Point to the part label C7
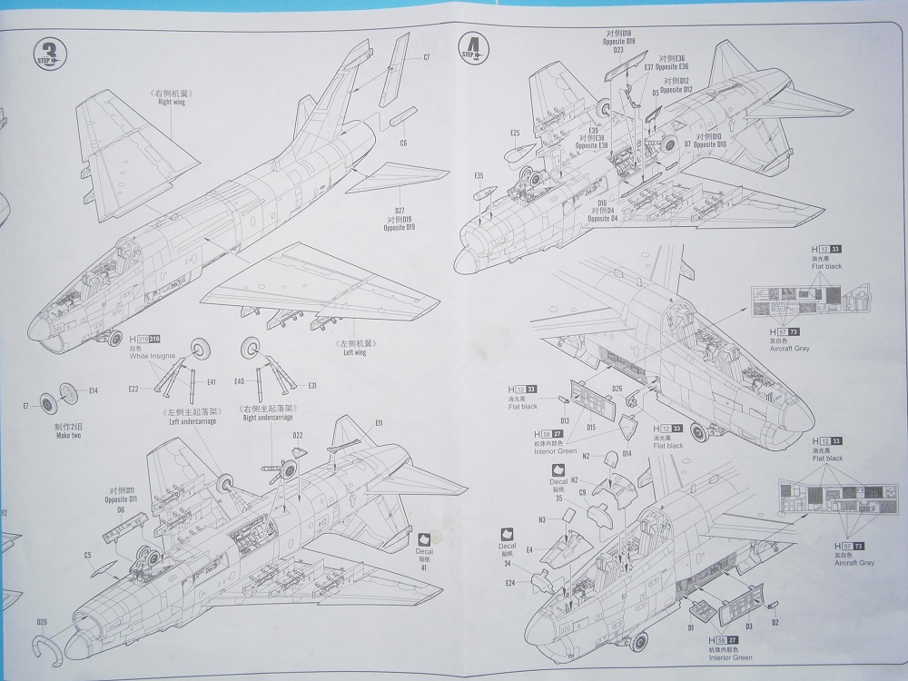click(426, 58)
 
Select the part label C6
click(403, 143)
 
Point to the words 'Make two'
click(63, 436)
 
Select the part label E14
click(94, 390)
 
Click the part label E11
click(378, 423)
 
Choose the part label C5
click(88, 555)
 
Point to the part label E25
click(514, 133)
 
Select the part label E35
click(479, 175)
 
